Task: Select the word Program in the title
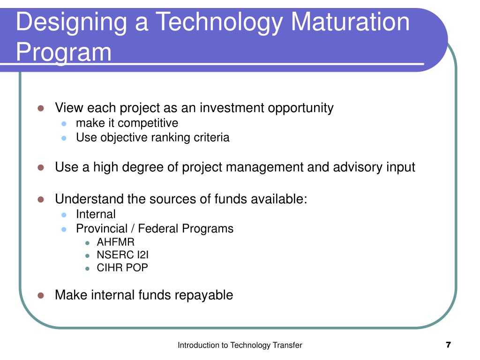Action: pyautogui.click(x=64, y=52)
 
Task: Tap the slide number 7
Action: pyautogui.click(x=448, y=345)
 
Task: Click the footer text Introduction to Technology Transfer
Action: pyautogui.click(x=240, y=345)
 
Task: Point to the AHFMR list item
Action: pyautogui.click(x=115, y=242)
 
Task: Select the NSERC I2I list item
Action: pyautogui.click(x=122, y=255)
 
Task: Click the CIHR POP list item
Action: pyautogui.click(x=122, y=268)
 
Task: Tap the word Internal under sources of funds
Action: pyautogui.click(x=96, y=214)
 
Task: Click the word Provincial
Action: pyautogui.click(x=101, y=228)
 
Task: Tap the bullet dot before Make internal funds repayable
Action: pyautogui.click(x=41, y=295)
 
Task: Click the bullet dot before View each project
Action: pyautogui.click(x=41, y=108)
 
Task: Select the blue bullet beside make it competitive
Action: pyautogui.click(x=65, y=124)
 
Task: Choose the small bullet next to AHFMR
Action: pyautogui.click(x=87, y=243)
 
